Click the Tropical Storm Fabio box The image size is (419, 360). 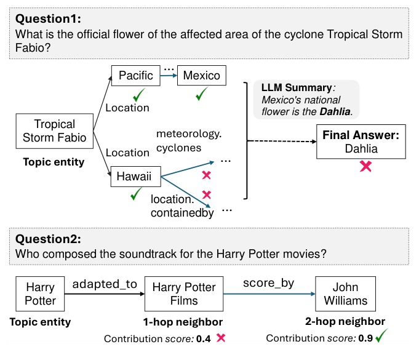(55, 131)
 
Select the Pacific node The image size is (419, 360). (135, 76)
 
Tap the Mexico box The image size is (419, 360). (201, 76)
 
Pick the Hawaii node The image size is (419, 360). (135, 177)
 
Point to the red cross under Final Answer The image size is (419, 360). (365, 166)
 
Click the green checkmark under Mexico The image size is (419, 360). (202, 95)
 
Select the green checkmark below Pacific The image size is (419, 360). (139, 95)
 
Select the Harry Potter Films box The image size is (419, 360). (184, 294)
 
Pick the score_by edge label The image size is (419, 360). (268, 283)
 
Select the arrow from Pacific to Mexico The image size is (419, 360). (167, 76)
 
